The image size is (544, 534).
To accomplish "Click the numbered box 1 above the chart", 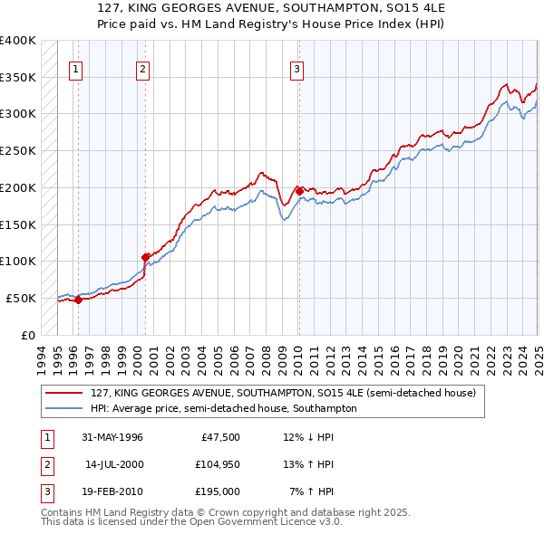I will [x=75, y=68].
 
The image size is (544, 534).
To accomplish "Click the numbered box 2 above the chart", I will [x=142, y=68].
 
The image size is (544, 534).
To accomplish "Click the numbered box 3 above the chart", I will [x=296, y=68].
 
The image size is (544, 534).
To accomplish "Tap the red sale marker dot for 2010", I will [x=299, y=191].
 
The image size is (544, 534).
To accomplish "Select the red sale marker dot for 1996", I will [x=78, y=300].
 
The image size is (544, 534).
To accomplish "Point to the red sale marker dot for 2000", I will [x=145, y=257].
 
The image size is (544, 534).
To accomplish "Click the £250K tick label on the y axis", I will [x=18, y=150].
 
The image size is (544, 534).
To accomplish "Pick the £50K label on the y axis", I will [x=21, y=298].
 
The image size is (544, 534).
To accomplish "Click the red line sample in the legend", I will [x=64, y=393].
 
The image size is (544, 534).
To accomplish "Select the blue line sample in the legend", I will [x=64, y=408].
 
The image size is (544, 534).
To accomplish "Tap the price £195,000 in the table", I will [x=219, y=491].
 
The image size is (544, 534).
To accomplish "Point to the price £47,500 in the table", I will [x=220, y=437].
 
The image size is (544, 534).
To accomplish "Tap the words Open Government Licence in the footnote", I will [x=254, y=522].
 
